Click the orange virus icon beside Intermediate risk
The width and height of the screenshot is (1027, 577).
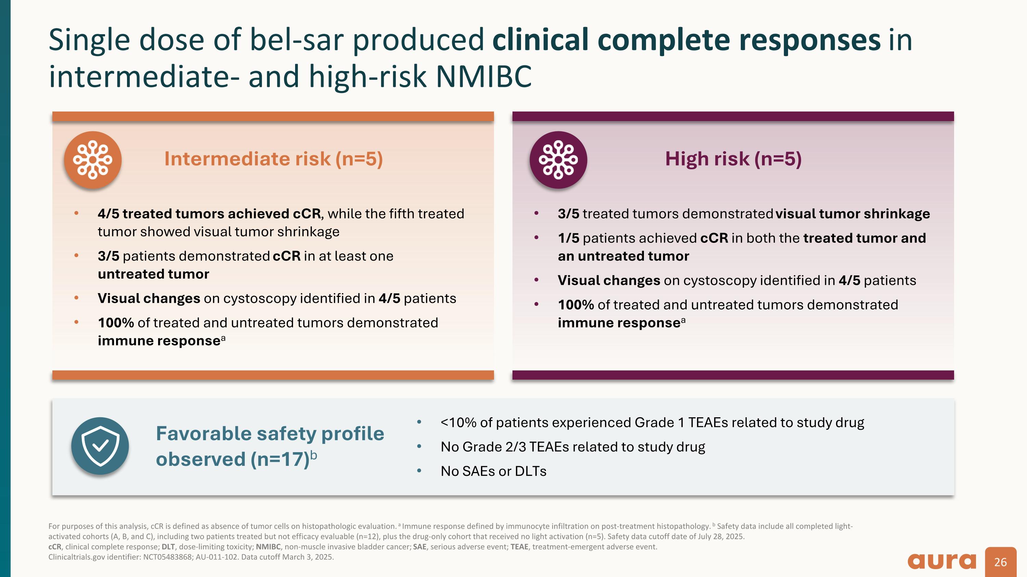pos(92,160)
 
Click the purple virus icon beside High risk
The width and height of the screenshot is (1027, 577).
pos(558,160)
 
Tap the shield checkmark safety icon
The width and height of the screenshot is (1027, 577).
pos(100,446)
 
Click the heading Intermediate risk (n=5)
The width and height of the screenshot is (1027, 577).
pos(274,159)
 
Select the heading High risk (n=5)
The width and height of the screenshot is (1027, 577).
pos(733,159)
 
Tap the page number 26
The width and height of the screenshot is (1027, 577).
pos(1000,562)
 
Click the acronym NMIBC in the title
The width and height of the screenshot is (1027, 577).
pos(484,77)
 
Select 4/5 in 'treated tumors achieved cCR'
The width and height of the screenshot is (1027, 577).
pos(108,214)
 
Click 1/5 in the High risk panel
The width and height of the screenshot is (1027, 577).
pos(568,238)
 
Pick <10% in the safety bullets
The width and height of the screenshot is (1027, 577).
pos(458,422)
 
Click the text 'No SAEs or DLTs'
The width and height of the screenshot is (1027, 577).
pos(493,471)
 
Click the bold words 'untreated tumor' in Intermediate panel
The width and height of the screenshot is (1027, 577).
pos(153,274)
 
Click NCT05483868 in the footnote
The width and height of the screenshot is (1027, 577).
pos(167,557)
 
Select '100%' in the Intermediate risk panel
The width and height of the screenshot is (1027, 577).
pos(116,323)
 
